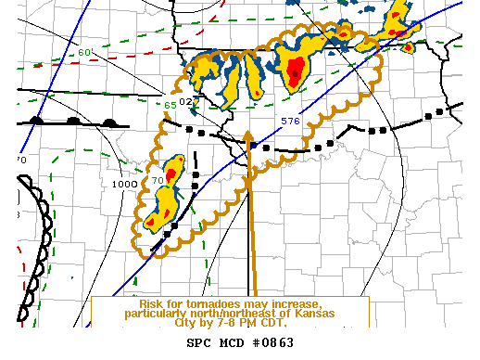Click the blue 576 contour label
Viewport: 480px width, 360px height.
point(289,121)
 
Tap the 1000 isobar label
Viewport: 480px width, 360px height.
point(123,184)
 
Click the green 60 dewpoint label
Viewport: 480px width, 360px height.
point(85,52)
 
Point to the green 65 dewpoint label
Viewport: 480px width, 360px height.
point(171,105)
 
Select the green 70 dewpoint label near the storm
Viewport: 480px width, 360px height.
point(158,179)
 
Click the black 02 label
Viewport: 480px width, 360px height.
point(186,101)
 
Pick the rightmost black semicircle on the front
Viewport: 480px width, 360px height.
point(109,121)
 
